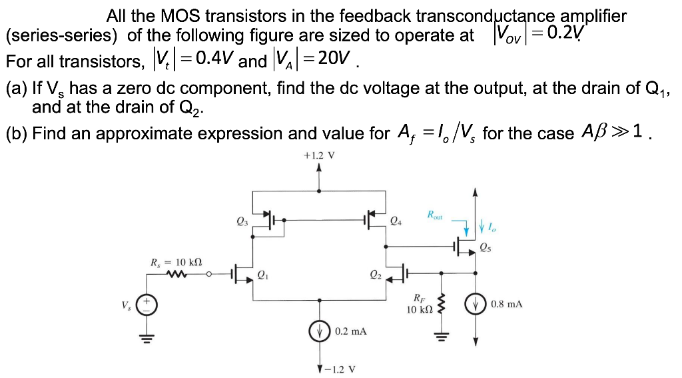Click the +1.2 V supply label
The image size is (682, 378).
point(318,155)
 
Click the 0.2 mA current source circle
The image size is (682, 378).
point(321,331)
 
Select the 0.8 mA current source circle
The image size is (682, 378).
point(475,305)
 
